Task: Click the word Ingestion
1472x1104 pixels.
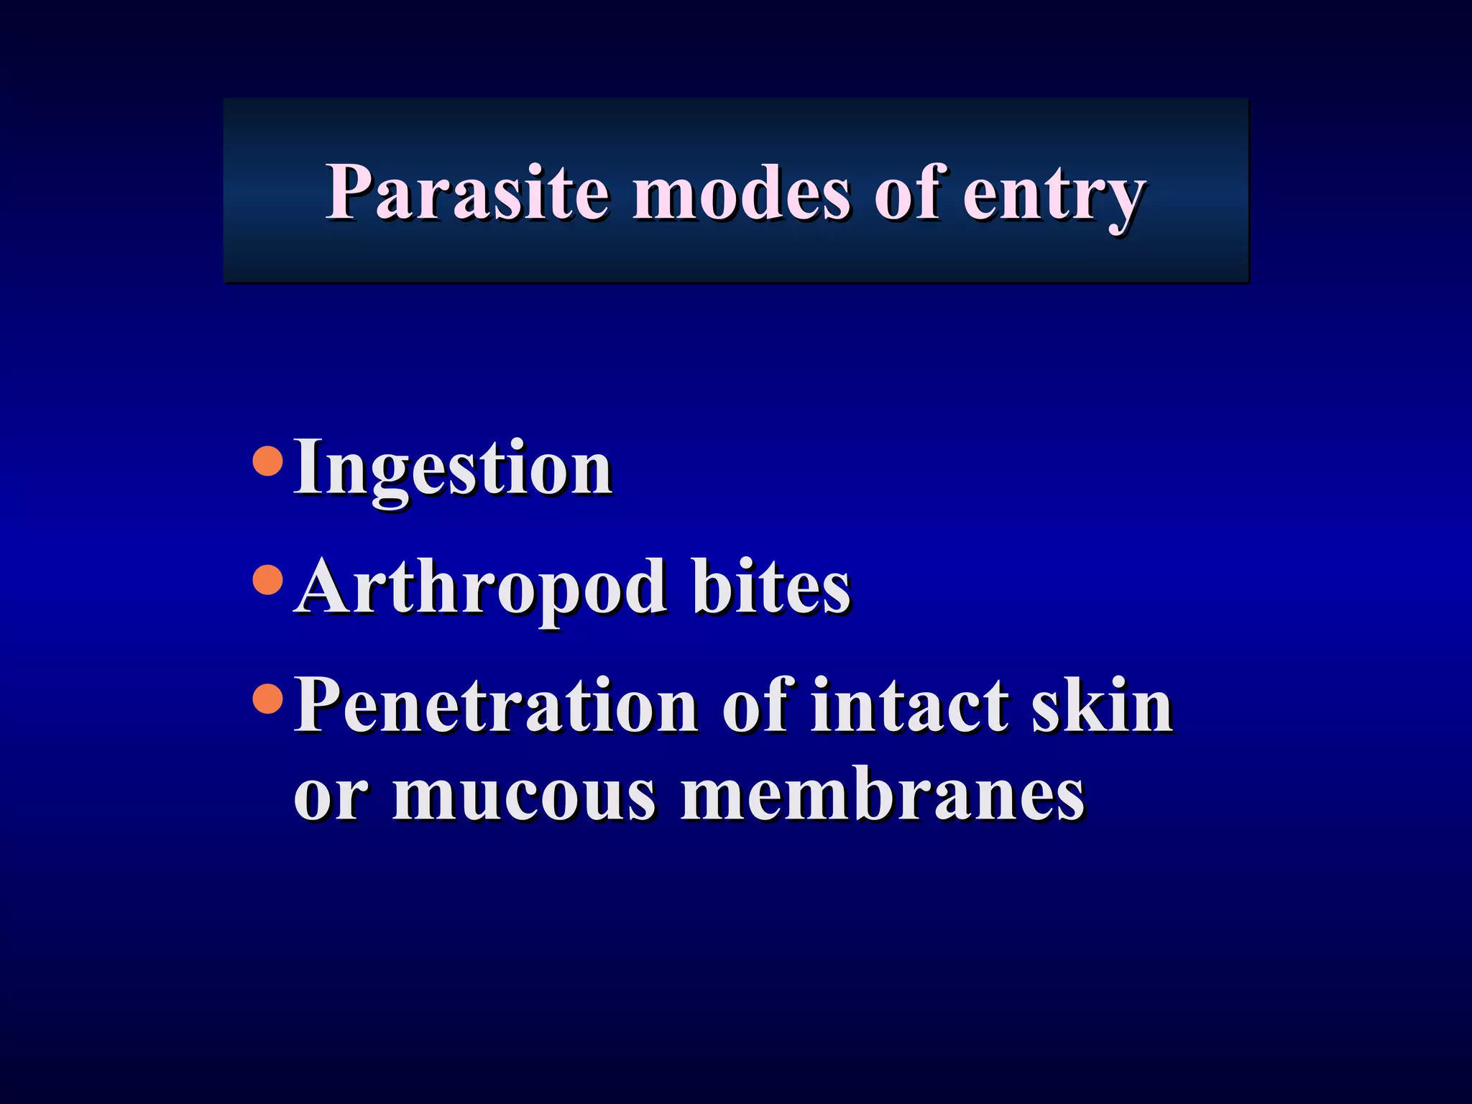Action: pos(453,469)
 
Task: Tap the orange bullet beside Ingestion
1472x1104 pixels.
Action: pos(269,461)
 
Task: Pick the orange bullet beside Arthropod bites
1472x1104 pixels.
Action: pos(269,579)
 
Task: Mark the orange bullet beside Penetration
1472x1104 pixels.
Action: pos(269,698)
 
